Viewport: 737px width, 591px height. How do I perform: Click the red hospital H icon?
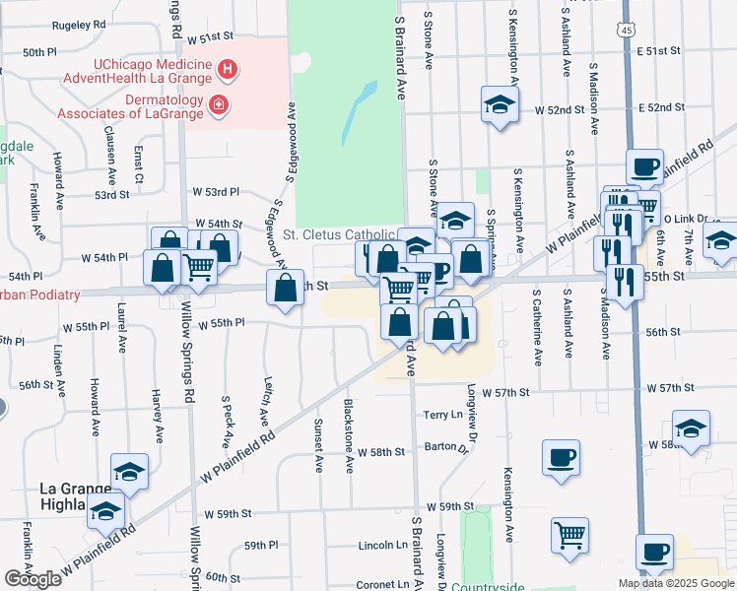coord(228,70)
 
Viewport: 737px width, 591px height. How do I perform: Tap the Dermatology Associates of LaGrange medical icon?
coord(218,103)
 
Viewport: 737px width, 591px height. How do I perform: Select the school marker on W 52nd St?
coord(500,104)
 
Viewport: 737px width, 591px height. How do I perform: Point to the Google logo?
coord(33,579)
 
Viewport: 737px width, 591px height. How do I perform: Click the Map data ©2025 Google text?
coord(674,583)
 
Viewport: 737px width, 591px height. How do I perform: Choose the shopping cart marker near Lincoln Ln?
coord(569,536)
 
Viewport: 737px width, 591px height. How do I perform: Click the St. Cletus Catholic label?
coord(339,234)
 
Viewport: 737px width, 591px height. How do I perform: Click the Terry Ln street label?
coord(442,416)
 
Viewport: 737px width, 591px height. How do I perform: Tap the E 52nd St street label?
coord(660,107)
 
